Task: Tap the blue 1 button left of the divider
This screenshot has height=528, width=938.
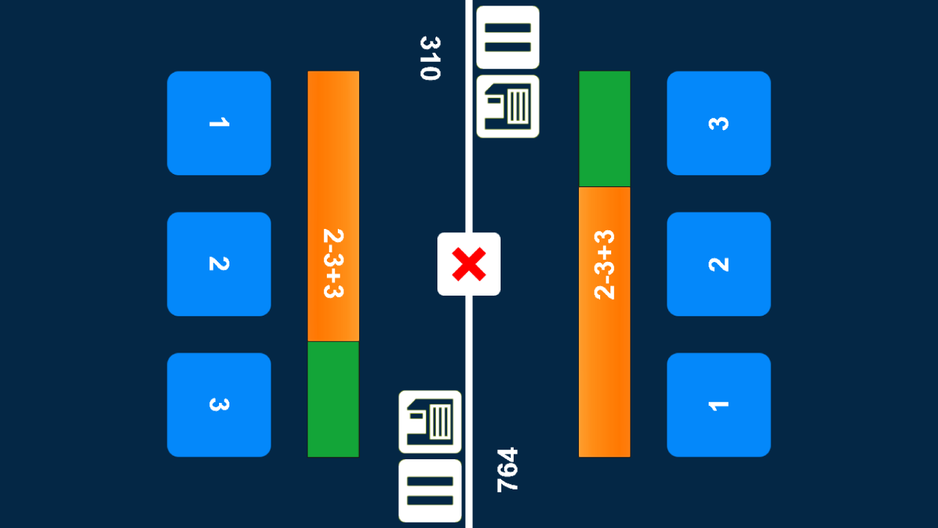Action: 219,123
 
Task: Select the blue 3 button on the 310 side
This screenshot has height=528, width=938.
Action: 219,404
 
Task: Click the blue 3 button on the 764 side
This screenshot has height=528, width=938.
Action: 718,123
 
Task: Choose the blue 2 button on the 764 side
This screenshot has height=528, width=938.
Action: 718,264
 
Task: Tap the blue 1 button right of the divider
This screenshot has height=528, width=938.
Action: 718,404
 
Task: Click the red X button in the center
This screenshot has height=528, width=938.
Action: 469,264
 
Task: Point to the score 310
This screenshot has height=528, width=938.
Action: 430,58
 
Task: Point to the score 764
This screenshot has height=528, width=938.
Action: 507,470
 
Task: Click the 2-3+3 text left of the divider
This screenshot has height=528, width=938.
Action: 333,263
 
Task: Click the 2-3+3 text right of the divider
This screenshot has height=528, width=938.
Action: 604,265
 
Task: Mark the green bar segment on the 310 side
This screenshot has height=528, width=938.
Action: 333,399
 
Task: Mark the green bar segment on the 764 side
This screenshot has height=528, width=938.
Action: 604,129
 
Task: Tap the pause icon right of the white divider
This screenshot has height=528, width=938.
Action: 507,37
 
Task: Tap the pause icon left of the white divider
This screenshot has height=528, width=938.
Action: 430,490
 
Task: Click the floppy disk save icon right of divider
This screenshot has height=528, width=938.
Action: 507,107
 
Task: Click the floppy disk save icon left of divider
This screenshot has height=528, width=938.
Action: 430,421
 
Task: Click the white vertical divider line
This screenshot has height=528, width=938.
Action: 469,172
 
